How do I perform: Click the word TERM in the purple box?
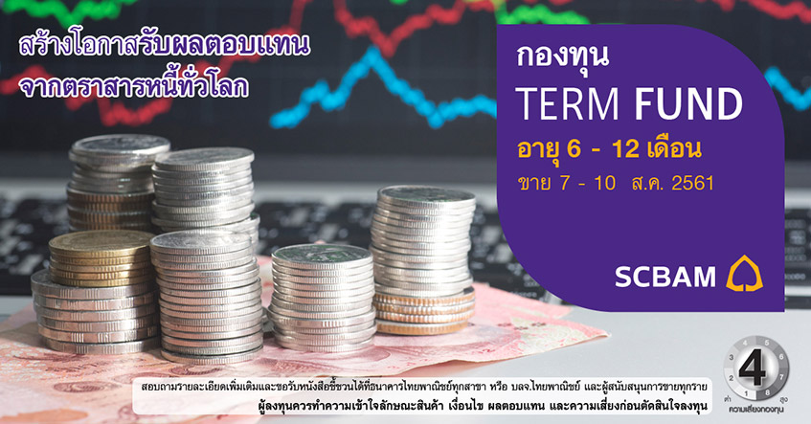coord(569,104)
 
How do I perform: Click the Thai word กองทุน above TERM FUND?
coord(562,57)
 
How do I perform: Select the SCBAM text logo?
coord(665,277)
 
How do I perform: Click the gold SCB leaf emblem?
coord(744,274)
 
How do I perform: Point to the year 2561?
coord(692,183)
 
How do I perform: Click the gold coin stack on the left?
coord(101,257)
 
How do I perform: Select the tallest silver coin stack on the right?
coord(422,258)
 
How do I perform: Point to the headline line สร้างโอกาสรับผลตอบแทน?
coord(165,44)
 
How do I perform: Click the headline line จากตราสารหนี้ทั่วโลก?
coord(133,85)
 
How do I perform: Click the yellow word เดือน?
coord(674,149)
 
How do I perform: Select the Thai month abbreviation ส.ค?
coord(647,183)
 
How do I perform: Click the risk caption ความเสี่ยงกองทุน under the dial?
coord(755,409)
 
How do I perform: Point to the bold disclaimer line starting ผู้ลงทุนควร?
coord(483,406)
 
